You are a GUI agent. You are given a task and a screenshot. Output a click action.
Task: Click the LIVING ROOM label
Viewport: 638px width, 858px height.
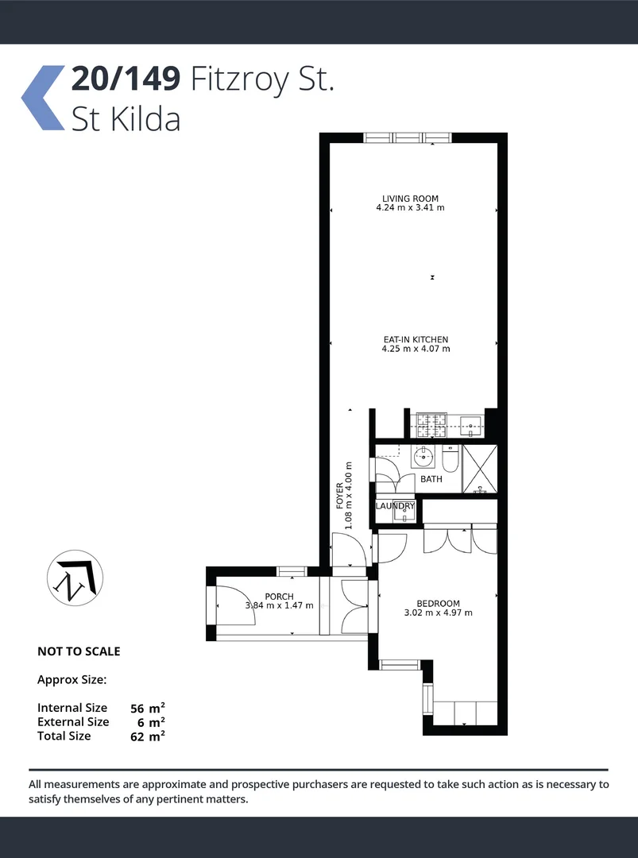[410, 199]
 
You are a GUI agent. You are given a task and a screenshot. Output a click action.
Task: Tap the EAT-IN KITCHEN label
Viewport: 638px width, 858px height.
[416, 339]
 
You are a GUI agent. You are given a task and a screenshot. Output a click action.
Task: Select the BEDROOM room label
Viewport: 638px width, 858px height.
[438, 604]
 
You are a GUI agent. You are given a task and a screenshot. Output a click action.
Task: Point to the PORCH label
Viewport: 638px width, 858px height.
[279, 597]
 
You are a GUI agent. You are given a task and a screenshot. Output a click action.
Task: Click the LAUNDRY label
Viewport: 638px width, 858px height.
[395, 506]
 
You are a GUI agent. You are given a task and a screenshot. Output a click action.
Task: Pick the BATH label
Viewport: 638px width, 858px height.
[431, 479]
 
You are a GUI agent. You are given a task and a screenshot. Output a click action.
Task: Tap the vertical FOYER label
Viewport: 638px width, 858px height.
[340, 495]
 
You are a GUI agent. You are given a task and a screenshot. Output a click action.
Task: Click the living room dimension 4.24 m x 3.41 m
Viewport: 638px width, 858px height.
[410, 208]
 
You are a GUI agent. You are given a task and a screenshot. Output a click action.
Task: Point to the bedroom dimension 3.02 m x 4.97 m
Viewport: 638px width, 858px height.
[438, 613]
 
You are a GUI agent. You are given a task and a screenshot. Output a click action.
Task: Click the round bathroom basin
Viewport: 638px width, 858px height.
[423, 457]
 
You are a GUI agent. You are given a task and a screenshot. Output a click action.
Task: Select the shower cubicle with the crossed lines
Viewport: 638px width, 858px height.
[480, 470]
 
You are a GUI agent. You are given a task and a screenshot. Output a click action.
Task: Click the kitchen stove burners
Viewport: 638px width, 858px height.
[426, 423]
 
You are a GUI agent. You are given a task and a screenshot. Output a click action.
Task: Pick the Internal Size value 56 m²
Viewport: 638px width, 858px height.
[148, 707]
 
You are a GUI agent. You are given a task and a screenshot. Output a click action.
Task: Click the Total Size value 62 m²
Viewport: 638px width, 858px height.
[148, 736]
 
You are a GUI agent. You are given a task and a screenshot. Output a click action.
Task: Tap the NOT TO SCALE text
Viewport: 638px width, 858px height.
[79, 651]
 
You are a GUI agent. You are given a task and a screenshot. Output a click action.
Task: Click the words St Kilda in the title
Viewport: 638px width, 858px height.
[126, 118]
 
